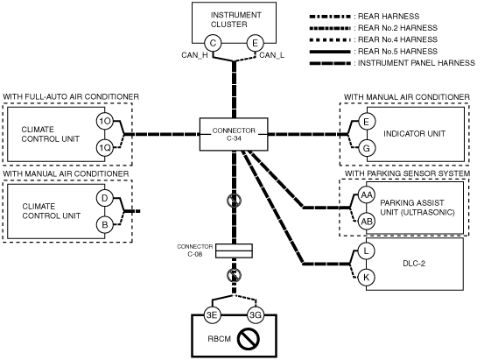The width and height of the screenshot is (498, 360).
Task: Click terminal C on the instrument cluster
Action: pyautogui.click(x=213, y=43)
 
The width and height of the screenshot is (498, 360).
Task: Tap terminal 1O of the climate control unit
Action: pyautogui.click(x=105, y=121)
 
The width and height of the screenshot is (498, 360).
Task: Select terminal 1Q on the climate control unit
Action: pyautogui.click(x=105, y=148)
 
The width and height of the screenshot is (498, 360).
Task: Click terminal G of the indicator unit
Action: pyautogui.click(x=366, y=148)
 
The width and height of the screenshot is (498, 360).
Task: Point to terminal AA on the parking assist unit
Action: pyautogui.click(x=366, y=194)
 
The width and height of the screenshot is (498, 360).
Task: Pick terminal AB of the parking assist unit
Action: pyautogui.click(x=366, y=222)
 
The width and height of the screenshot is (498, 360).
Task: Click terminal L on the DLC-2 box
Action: pyautogui.click(x=366, y=251)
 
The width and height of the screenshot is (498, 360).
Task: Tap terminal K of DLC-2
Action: pyautogui.click(x=366, y=278)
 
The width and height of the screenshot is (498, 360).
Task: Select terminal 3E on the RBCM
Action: pyautogui.click(x=212, y=315)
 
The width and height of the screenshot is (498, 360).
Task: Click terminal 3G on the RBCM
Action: pyautogui.click(x=256, y=315)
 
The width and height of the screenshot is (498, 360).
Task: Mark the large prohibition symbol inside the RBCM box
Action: pyautogui.click(x=248, y=339)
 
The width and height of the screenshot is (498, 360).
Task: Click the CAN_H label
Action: pyautogui.click(x=194, y=55)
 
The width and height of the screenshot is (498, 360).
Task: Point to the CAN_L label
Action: pyautogui.click(x=272, y=55)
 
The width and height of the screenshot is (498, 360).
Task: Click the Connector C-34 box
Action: pyautogui.click(x=234, y=134)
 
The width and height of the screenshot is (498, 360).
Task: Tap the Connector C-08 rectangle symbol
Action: pyautogui.click(x=234, y=251)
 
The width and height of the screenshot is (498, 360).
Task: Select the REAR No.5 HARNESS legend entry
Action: pyautogui.click(x=374, y=51)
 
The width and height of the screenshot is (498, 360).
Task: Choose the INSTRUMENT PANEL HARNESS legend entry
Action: pyautogui.click(x=392, y=63)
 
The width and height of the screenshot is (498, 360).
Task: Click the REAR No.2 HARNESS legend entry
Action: pyautogui.click(x=374, y=28)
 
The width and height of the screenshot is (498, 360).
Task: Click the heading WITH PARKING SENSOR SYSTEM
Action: pyautogui.click(x=408, y=173)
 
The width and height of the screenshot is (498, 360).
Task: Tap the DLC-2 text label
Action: pyautogui.click(x=414, y=264)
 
